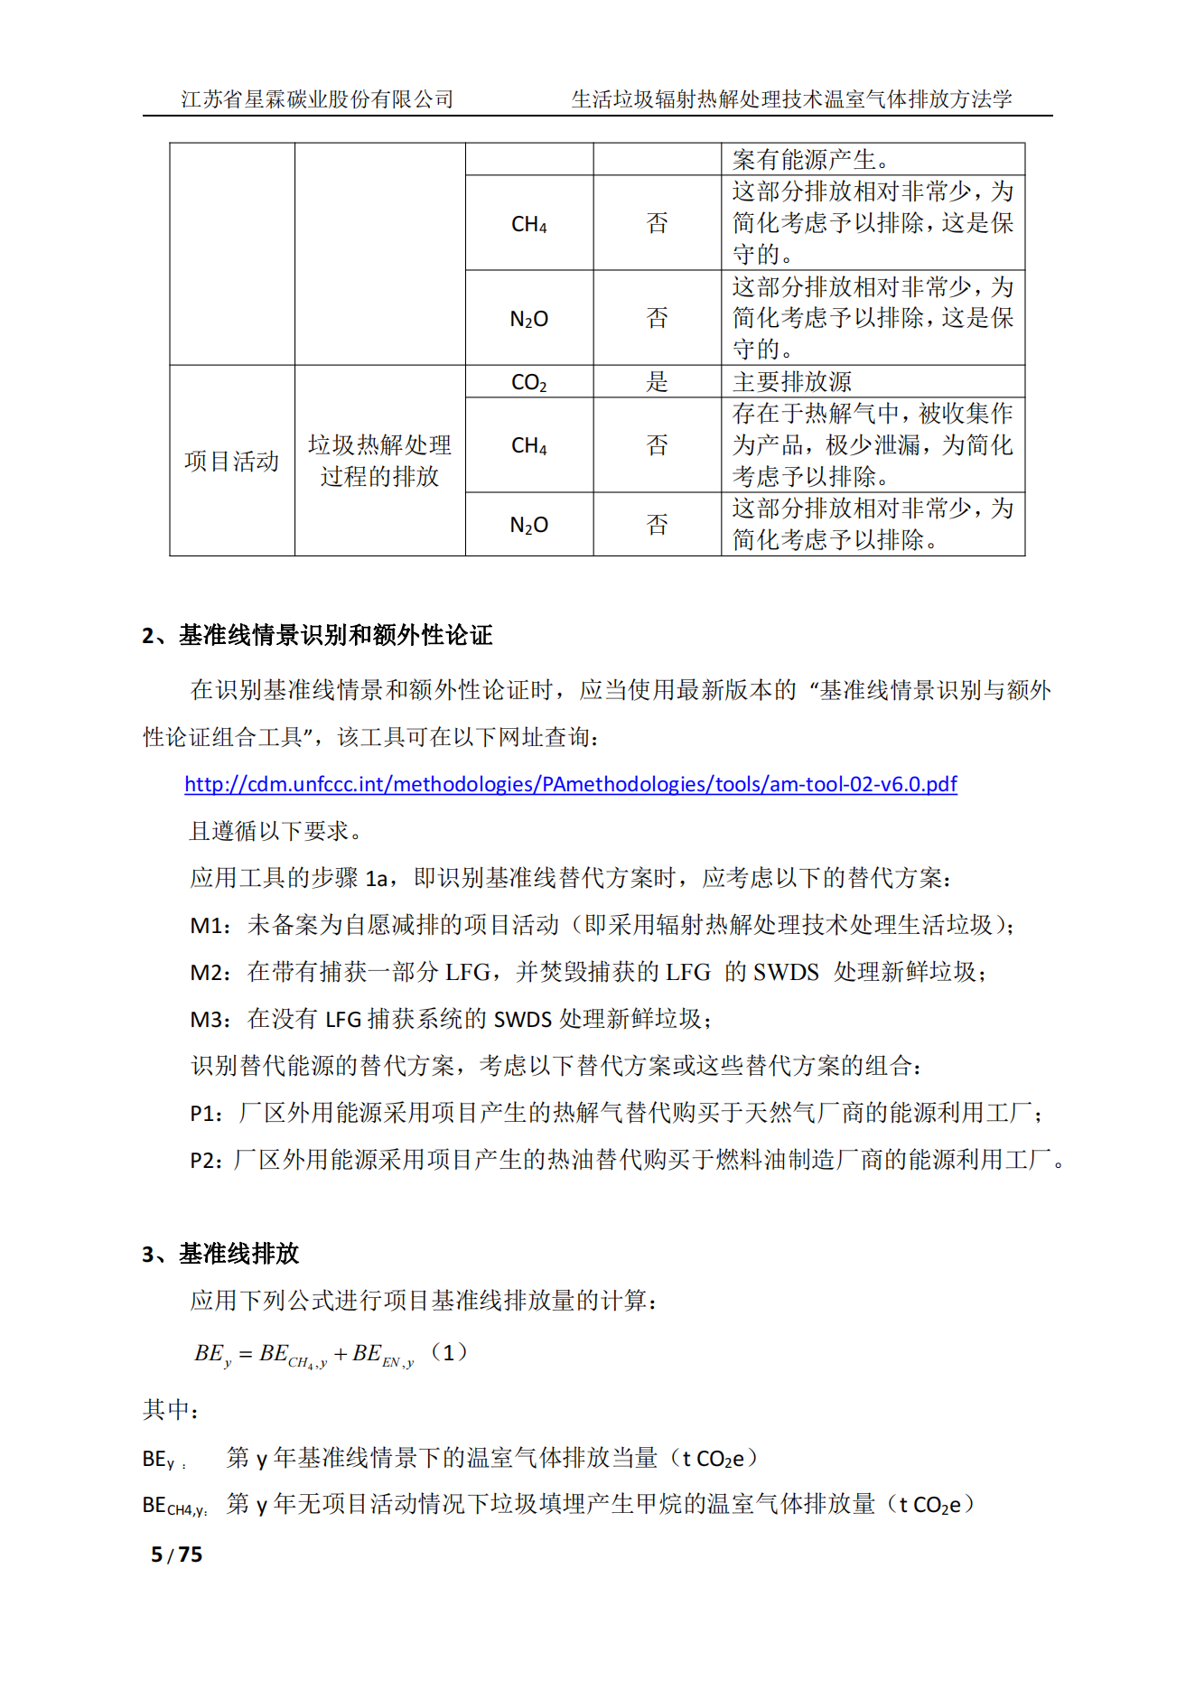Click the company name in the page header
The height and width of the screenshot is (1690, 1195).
tap(317, 99)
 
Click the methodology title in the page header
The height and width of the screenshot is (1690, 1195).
tap(791, 99)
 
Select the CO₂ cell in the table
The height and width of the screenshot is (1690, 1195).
tap(528, 382)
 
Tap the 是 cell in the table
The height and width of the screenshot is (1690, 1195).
tap(657, 382)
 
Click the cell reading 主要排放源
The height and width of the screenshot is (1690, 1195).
tap(792, 382)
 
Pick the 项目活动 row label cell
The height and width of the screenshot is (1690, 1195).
tap(231, 461)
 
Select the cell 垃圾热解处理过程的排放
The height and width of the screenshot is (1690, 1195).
tap(379, 461)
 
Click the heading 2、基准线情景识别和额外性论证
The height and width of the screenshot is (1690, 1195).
tap(317, 635)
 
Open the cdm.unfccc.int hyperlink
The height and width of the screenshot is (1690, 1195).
tap(570, 784)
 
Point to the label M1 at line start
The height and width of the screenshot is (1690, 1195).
tap(208, 926)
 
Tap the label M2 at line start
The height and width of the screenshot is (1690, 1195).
tap(208, 973)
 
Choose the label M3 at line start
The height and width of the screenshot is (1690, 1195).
tap(208, 1020)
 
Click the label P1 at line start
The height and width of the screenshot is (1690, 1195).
tap(205, 1114)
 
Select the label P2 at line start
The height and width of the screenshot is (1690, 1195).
tap(205, 1161)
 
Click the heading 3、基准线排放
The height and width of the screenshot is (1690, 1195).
tap(220, 1254)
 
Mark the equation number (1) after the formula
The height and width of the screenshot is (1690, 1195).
tap(449, 1352)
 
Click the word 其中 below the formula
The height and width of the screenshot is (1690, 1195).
tap(170, 1410)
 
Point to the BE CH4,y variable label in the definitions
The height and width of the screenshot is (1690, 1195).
tap(174, 1506)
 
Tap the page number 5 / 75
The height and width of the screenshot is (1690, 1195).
tap(177, 1555)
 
